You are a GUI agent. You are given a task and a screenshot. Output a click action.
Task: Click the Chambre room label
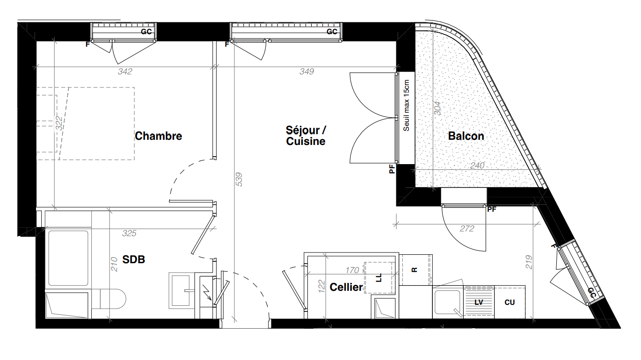point(158,136)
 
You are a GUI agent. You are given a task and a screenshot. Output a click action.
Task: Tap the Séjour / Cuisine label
point(306,136)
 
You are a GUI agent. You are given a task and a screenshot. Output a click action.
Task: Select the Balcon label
point(466,136)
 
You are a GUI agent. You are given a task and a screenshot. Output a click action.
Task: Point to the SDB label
point(134,259)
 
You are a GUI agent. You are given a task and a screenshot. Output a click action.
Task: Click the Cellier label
point(346,287)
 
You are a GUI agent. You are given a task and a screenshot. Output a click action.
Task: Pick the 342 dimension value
point(125,72)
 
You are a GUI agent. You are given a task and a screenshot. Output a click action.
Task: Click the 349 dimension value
point(307,72)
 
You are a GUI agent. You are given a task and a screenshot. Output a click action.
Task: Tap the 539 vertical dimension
point(239,180)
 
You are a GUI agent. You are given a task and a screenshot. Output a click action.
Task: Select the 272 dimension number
point(467,229)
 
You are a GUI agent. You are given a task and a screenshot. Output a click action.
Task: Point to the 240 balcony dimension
point(477,166)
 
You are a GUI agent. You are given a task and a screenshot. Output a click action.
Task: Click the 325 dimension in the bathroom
point(129,233)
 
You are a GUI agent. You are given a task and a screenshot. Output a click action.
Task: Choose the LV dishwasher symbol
point(479,302)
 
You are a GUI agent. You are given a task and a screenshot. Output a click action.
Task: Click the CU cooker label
point(510,302)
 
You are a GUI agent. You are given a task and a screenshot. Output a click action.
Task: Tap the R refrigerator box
point(415,270)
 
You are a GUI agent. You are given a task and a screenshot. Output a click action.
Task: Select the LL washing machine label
point(379,278)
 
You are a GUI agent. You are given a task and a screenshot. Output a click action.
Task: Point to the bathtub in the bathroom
point(68,258)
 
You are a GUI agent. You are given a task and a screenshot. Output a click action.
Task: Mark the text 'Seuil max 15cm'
point(406,106)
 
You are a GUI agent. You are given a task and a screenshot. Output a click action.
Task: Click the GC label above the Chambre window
point(146,32)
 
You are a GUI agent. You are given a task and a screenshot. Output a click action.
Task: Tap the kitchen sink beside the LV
point(448,302)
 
